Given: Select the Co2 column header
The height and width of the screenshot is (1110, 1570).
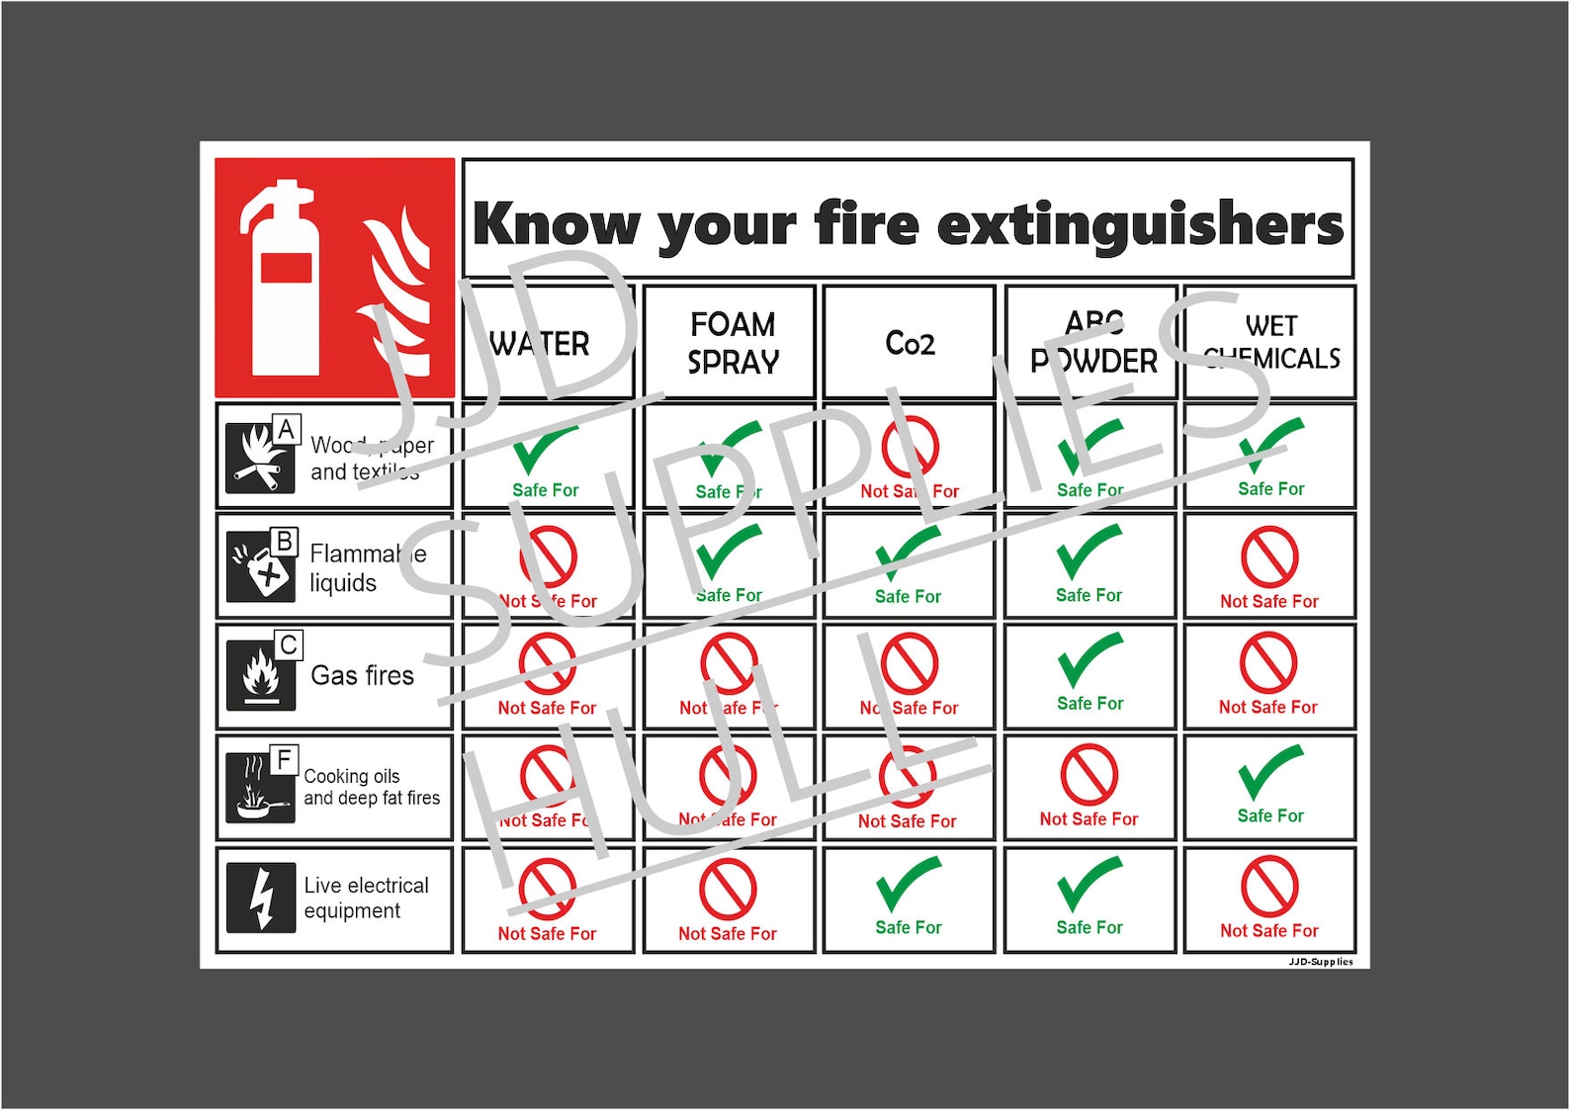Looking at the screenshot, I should pos(910,343).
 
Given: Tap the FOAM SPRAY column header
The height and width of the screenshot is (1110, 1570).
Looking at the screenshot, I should pos(733,343).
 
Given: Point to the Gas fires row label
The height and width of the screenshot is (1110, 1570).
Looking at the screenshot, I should pos(362,676).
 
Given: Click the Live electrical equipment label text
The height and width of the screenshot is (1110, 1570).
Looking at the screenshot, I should pos(366,897).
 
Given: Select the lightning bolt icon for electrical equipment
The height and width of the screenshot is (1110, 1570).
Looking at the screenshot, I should pos(261,897).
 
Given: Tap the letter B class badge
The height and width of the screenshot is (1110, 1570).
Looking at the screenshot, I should pos(285,542).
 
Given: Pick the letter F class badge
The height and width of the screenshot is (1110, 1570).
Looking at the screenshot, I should pos(284,759).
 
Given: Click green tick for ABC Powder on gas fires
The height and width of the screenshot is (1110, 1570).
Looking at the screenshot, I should pos(1090,660).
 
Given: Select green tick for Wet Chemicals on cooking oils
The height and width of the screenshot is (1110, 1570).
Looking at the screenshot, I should pos(1270,772).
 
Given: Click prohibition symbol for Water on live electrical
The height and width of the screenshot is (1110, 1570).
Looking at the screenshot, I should pos(547,889).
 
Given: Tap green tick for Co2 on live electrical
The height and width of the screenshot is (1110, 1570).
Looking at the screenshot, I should pos(909,884).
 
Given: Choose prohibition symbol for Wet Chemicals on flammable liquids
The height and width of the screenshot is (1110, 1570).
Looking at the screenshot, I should pos(1269,556).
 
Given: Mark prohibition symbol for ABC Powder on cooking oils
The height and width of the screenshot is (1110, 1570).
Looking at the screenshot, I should pos(1089,774).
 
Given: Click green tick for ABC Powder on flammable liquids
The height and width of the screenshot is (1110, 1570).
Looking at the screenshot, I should pos(1090,552).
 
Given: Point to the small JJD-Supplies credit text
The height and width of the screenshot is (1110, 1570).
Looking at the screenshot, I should pos(1320,962).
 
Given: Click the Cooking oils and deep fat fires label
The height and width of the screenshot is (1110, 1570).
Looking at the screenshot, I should pos(371,787).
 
